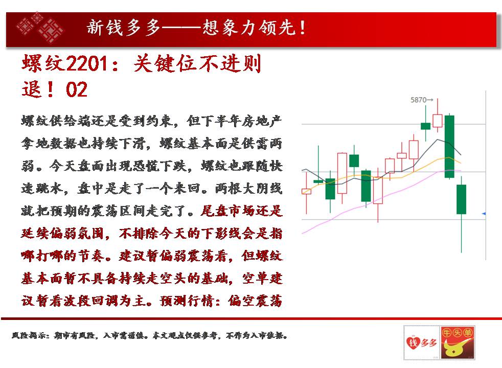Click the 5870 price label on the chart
[x=418, y=100]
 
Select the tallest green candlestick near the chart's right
[x=449, y=146]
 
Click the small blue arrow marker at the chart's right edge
[x=484, y=214]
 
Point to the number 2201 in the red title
[x=87, y=63]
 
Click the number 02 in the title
[x=77, y=89]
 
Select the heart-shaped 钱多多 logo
[x=422, y=343]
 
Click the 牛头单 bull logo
[x=457, y=343]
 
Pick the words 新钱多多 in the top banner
[x=123, y=28]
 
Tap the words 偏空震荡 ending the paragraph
[x=255, y=301]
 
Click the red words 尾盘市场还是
[x=242, y=211]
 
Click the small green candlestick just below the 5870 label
[x=425, y=126]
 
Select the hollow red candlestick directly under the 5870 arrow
[x=437, y=121]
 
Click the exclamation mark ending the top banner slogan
[x=303, y=28]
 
